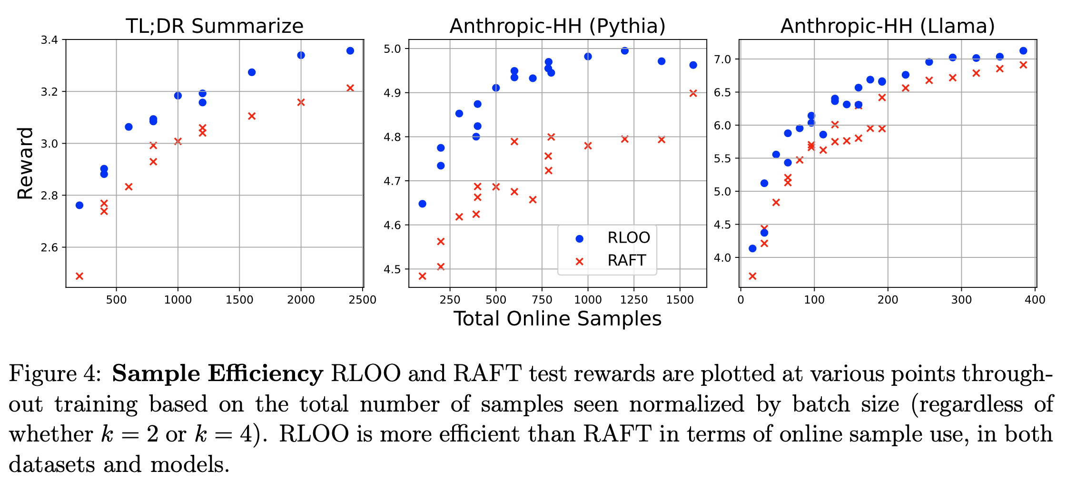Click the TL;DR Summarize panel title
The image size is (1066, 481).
(x=214, y=26)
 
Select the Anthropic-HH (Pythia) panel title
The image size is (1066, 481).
(x=557, y=26)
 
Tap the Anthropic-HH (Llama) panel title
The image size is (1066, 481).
(x=888, y=26)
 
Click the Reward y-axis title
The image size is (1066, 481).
(x=25, y=163)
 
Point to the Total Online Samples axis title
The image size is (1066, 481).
(x=557, y=319)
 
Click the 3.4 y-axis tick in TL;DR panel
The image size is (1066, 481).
(x=49, y=40)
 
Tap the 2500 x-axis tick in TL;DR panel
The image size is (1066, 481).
(x=362, y=300)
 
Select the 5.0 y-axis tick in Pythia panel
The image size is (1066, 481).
(x=393, y=49)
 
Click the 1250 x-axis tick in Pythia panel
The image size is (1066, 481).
(x=634, y=300)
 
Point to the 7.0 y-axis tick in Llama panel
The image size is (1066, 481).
(x=723, y=59)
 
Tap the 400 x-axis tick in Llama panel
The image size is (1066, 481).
(x=1035, y=300)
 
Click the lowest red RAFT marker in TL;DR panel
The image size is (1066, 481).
(x=79, y=276)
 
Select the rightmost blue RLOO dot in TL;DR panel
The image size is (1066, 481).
(x=350, y=51)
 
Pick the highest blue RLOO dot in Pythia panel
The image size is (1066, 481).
(x=625, y=51)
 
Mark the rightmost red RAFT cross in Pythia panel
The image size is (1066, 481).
(x=693, y=93)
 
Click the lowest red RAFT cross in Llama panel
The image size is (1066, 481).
(x=752, y=276)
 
